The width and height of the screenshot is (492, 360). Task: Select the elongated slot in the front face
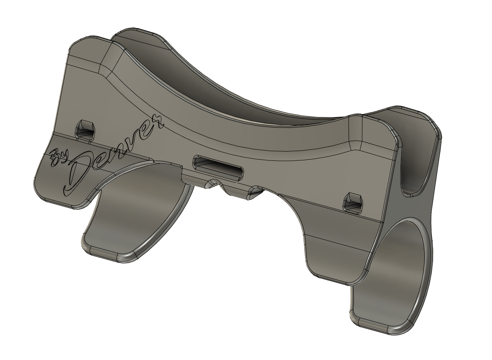coord(218,168)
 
